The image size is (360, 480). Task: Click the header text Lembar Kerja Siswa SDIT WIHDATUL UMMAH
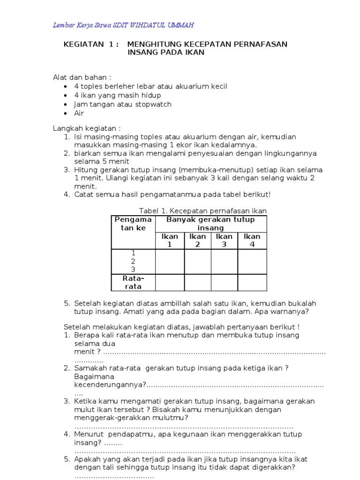(123, 25)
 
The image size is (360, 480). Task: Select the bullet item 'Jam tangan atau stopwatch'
(123, 104)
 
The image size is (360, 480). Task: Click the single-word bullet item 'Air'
(79, 113)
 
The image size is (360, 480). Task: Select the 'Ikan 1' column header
(170, 240)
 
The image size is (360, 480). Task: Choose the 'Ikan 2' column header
(197, 240)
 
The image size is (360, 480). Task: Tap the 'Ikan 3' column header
(224, 240)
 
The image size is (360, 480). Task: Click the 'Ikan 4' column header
(252, 240)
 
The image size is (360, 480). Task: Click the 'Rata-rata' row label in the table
(133, 282)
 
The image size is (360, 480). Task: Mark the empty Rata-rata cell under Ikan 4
(252, 282)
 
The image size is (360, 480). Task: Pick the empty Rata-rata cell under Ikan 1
(170, 282)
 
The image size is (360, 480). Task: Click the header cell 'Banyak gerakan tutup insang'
(211, 224)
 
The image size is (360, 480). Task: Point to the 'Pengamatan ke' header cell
(133, 224)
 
